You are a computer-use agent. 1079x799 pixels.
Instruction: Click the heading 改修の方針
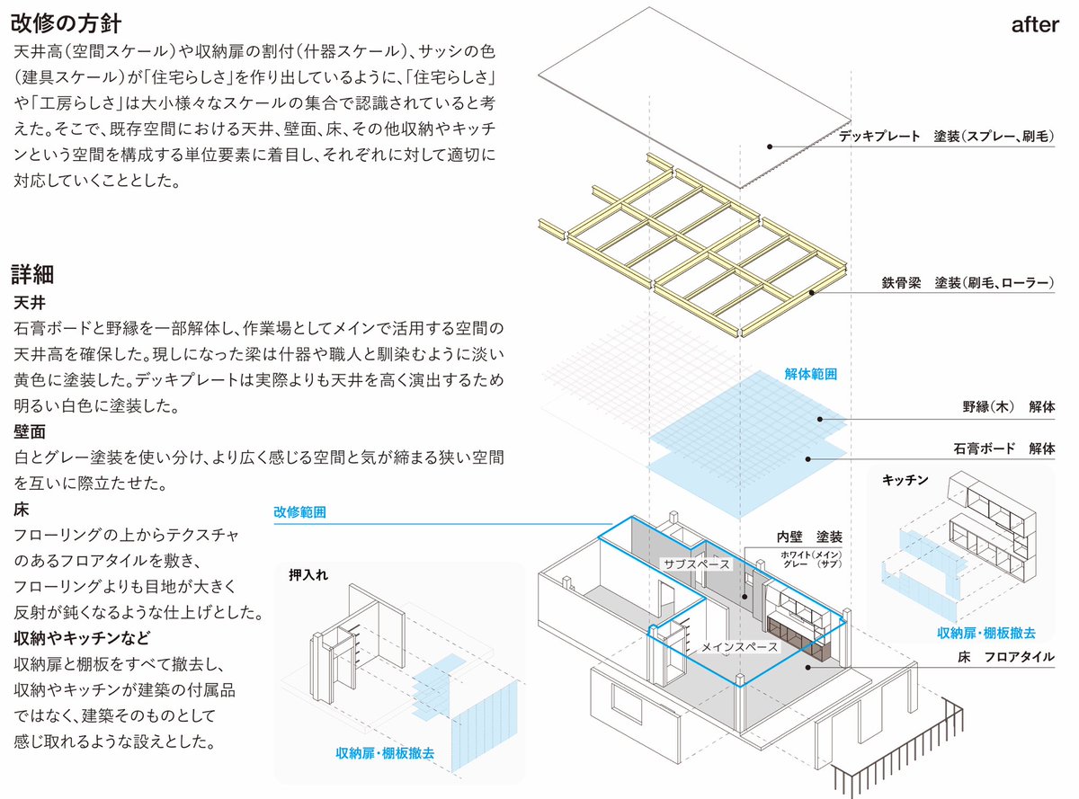pyautogui.click(x=66, y=23)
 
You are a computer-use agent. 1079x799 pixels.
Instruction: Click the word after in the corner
pyautogui.click(x=1035, y=25)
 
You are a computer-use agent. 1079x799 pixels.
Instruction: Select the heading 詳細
pyautogui.click(x=32, y=274)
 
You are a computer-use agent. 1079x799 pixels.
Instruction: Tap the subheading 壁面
pyautogui.click(x=30, y=431)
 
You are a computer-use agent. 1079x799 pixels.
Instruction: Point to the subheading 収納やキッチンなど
pyautogui.click(x=82, y=637)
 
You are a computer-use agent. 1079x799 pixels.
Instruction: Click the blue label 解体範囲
pyautogui.click(x=810, y=374)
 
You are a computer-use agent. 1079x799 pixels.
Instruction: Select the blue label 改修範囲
pyautogui.click(x=299, y=512)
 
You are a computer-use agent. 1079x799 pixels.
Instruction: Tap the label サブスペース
pyautogui.click(x=697, y=564)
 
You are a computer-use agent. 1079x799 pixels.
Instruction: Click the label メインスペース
pyautogui.click(x=739, y=647)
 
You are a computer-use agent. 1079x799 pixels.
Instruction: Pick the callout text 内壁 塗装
pyautogui.click(x=809, y=537)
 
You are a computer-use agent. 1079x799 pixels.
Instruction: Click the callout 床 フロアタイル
pyautogui.click(x=1006, y=657)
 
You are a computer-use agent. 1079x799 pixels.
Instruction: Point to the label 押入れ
pyautogui.click(x=308, y=575)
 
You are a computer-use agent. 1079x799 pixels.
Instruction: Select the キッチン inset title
pyautogui.click(x=905, y=480)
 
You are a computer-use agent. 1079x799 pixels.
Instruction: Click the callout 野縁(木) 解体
pyautogui.click(x=1009, y=406)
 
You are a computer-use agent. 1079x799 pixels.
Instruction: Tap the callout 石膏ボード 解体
pyautogui.click(x=1004, y=448)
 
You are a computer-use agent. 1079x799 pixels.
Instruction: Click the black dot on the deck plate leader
pyautogui.click(x=770, y=146)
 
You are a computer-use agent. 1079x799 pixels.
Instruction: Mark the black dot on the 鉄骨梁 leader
pyautogui.click(x=811, y=293)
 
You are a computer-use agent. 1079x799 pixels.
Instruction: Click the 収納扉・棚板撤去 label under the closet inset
pyautogui.click(x=385, y=753)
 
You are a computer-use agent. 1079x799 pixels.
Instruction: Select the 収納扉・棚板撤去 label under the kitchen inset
pyautogui.click(x=986, y=633)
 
